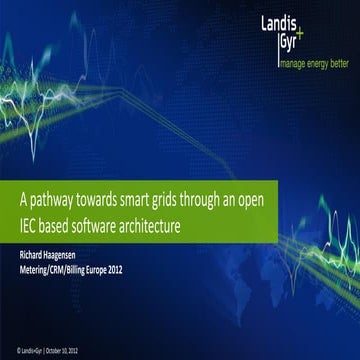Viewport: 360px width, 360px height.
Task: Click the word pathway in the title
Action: [71, 199]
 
